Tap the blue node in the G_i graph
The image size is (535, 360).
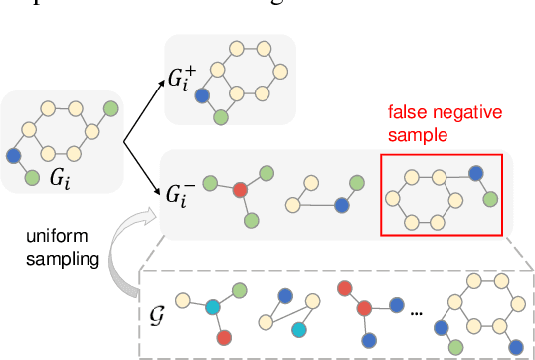(x=14, y=156)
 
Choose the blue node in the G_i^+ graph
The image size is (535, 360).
(x=202, y=96)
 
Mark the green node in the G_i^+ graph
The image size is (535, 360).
(x=221, y=117)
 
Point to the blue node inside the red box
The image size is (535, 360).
(x=476, y=173)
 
